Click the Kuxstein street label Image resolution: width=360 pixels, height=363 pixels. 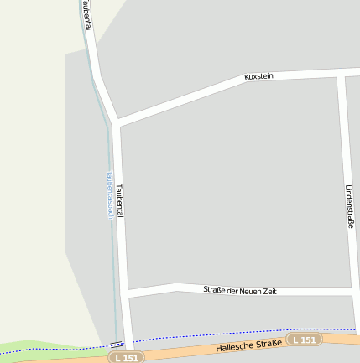[x=258, y=76]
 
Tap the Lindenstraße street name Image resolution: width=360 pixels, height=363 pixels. [x=348, y=207]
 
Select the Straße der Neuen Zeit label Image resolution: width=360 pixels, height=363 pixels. [x=239, y=291]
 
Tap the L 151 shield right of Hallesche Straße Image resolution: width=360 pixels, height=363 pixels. [x=304, y=340]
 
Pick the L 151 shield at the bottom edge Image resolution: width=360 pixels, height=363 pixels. [x=126, y=358]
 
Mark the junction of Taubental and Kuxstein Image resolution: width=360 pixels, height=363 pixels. [x=119, y=123]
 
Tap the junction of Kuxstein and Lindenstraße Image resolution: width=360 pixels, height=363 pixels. [x=341, y=74]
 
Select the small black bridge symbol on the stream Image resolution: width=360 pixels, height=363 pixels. [x=115, y=344]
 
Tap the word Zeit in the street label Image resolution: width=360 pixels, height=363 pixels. [x=268, y=291]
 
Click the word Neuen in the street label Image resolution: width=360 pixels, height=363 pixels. [x=245, y=291]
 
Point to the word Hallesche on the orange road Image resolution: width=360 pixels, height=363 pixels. [x=230, y=346]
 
